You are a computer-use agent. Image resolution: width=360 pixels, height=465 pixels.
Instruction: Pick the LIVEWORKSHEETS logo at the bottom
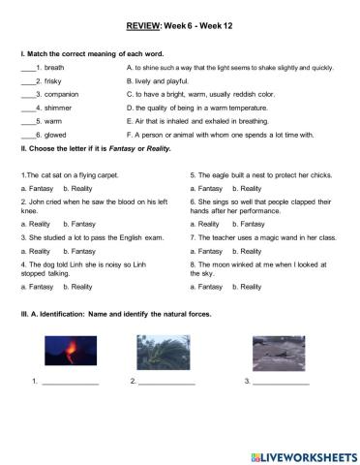click(x=296, y=451)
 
